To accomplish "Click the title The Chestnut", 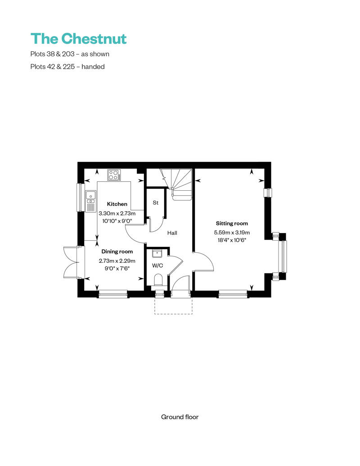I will tap(78, 39).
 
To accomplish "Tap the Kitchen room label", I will tap(117, 204).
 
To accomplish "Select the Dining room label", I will tap(117, 251).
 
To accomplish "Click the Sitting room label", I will tap(232, 224).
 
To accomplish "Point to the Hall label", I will tap(172, 233).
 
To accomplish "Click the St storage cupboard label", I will tap(156, 203).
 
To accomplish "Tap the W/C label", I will tap(157, 266).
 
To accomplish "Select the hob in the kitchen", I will tap(114, 175).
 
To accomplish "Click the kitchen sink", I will tap(90, 200).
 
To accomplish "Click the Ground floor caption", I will tap(180, 417).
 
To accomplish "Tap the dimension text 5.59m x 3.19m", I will tap(232, 233).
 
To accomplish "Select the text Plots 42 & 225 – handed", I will tap(67, 67).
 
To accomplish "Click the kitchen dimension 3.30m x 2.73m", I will tap(117, 213).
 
